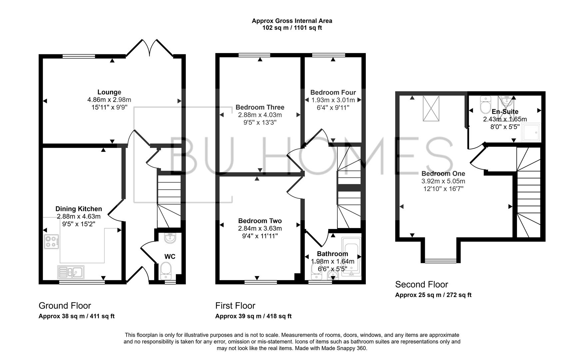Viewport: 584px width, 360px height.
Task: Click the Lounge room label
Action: point(109,92)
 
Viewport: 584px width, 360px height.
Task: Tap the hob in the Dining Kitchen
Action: point(51,242)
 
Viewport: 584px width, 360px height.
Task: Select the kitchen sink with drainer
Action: point(71,272)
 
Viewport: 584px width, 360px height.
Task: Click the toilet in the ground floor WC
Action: point(166,270)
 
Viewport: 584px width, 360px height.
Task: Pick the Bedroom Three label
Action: point(260,107)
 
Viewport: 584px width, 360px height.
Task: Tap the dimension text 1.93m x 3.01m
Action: point(333,100)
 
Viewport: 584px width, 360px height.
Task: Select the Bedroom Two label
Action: point(260,221)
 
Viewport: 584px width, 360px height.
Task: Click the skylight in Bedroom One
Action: point(431,108)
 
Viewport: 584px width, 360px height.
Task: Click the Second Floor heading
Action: point(421,285)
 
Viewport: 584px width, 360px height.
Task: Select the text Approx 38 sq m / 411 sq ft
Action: point(77,316)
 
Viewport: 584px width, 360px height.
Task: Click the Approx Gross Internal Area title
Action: point(292,21)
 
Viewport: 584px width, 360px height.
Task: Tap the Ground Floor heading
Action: point(65,306)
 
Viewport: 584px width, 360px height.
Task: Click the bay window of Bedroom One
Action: point(441,260)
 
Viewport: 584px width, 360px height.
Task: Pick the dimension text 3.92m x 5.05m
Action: point(443,181)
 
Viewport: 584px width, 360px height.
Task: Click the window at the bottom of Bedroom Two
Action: point(261,282)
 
